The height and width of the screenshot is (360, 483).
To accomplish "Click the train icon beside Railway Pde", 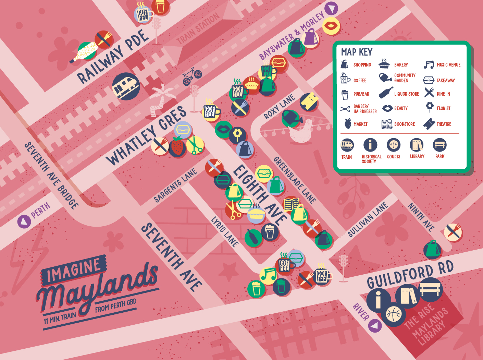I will [x=126, y=86].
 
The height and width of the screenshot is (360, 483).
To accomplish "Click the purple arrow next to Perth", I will [x=24, y=221].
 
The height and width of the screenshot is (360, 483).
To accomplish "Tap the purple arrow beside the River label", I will [x=375, y=325].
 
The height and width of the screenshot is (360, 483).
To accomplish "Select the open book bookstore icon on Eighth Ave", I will [x=291, y=205].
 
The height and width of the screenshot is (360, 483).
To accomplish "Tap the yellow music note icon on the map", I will [x=268, y=275].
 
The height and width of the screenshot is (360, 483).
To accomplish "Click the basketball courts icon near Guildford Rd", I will [x=394, y=314].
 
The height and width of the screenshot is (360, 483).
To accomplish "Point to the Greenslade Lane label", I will [x=294, y=180].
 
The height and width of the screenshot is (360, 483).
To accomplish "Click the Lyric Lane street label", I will [x=225, y=232].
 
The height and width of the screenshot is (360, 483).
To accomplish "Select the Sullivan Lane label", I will [x=368, y=220].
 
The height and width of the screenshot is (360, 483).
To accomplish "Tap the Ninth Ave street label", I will [x=421, y=216].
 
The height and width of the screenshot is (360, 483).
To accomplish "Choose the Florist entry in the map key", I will [x=438, y=108].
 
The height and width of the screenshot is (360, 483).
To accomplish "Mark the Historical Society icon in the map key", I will [x=370, y=145].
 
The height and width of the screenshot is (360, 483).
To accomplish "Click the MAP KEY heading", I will [x=357, y=52].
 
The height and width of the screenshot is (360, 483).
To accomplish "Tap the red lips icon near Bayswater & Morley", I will [x=331, y=26].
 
